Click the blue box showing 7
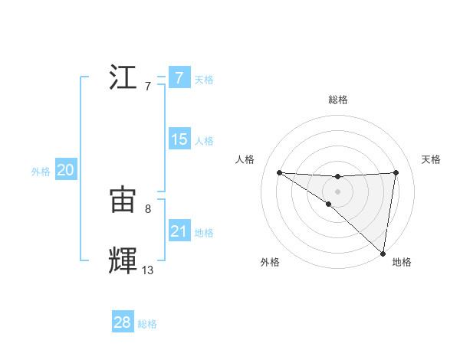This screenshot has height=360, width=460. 179,77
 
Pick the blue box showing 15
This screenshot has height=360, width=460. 179,139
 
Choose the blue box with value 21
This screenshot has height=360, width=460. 179,231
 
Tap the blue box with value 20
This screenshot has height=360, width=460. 65,170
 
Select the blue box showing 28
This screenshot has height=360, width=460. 123,322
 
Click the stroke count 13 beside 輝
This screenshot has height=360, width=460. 147,270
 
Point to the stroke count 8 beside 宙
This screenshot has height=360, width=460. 147,208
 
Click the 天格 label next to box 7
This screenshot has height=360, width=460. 204,79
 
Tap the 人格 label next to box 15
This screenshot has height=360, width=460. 204,140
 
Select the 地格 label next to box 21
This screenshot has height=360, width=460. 204,232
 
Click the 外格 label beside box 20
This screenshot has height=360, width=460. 41,172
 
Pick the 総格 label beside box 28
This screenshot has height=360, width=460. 147,324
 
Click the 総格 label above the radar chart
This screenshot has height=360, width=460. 337,100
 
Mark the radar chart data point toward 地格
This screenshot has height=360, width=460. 383,253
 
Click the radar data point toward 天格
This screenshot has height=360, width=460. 396,172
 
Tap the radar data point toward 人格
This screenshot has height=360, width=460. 279,172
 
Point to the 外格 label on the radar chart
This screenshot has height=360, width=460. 270,262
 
